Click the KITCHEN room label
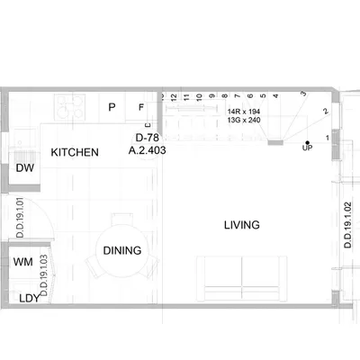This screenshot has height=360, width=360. tap(75, 152)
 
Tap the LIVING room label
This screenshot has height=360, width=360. tap(242, 225)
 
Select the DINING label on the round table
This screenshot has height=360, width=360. tap(122, 250)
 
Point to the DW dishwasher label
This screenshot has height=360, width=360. tap(24, 168)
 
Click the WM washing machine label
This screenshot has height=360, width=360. tap(22, 262)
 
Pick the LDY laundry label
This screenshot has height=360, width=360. tap(30, 299)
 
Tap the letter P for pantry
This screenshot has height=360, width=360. tap(112, 107)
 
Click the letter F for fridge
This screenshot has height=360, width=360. tap(141, 107)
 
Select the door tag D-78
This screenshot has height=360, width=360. tap(148, 138)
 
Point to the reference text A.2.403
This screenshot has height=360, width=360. tap(147, 150)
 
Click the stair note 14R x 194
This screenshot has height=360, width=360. tap(244, 112)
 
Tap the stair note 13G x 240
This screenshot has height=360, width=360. tap(244, 120)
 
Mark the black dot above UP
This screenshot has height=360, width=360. tap(307, 143)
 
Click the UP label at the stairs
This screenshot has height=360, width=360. tap(307, 148)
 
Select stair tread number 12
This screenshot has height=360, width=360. tap(174, 97)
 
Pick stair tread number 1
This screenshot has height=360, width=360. tap(328, 138)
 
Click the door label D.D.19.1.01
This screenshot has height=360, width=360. tap(20, 218)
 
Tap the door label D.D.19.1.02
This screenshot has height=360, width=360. tap(347, 225)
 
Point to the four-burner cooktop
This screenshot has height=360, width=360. tap(69, 107)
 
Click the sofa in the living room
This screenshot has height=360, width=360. tap(242, 278)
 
